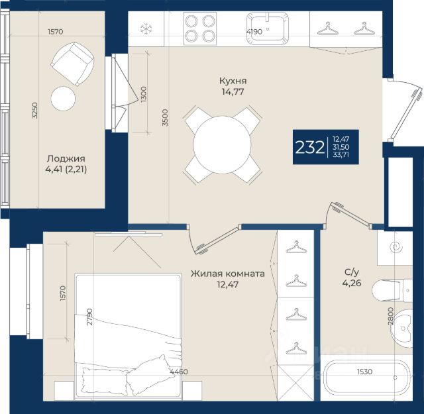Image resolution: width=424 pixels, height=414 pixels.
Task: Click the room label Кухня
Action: point(233,81)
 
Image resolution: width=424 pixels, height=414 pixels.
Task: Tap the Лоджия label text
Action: point(66,158)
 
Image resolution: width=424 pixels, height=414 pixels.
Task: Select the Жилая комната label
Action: point(228,274)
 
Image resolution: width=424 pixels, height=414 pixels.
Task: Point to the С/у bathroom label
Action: point(352,272)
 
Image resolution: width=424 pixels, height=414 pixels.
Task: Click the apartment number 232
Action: point(309,147)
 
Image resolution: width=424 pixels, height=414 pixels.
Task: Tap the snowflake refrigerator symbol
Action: point(146,28)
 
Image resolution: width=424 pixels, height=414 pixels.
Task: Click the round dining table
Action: point(223,145)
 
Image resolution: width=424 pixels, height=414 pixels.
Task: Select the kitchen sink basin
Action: point(268,28)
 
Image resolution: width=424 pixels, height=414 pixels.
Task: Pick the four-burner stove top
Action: point(200,28)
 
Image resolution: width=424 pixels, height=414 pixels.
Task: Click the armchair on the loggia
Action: point(72,64)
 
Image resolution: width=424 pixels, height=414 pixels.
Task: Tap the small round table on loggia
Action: point(63,99)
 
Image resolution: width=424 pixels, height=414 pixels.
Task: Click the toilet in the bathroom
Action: point(392,290)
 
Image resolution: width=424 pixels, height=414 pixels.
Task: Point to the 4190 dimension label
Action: point(254,32)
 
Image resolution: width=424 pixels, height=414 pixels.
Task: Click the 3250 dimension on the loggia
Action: point(34,111)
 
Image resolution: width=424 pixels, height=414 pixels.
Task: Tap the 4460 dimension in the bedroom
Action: point(179,372)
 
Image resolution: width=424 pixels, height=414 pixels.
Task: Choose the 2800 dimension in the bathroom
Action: point(390,316)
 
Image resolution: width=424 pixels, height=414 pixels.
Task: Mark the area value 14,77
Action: point(233,92)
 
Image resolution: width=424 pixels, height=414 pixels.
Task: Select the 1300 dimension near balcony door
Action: point(143,94)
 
